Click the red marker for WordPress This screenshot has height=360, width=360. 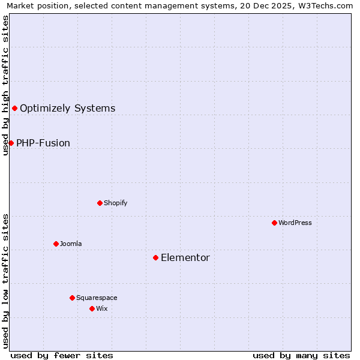click(x=274, y=223)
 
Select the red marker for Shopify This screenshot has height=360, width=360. click(x=100, y=203)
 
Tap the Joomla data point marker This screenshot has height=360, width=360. click(x=56, y=244)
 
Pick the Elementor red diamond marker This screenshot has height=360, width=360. click(x=155, y=257)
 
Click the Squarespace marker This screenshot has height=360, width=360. click(x=72, y=298)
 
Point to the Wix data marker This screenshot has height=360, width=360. click(x=92, y=308)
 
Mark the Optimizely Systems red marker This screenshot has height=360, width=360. click(x=14, y=108)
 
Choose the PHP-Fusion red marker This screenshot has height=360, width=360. click(x=11, y=143)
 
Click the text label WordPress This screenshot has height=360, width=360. click(x=295, y=223)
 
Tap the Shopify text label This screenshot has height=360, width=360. click(x=116, y=203)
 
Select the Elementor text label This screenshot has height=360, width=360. click(x=185, y=257)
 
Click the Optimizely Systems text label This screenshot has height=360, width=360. click(x=68, y=108)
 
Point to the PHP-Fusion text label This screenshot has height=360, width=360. click(x=43, y=143)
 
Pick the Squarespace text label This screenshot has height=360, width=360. click(x=97, y=298)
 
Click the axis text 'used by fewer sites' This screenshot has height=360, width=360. click(x=62, y=355)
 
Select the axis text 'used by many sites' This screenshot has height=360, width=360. click(x=301, y=355)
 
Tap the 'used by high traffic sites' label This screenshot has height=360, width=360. click(x=5, y=85)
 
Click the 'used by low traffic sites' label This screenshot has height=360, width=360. click(x=5, y=281)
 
